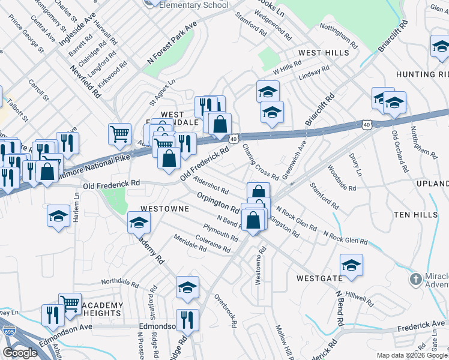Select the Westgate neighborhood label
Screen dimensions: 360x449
(x=319, y=278)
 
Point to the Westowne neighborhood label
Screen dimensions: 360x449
(x=164, y=209)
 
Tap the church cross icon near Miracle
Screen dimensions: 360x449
(x=415, y=279)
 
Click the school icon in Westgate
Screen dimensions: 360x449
(x=351, y=265)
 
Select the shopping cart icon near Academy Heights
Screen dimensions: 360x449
(x=70, y=302)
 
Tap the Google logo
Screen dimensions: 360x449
(x=20, y=353)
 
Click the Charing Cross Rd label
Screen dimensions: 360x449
(x=260, y=161)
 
